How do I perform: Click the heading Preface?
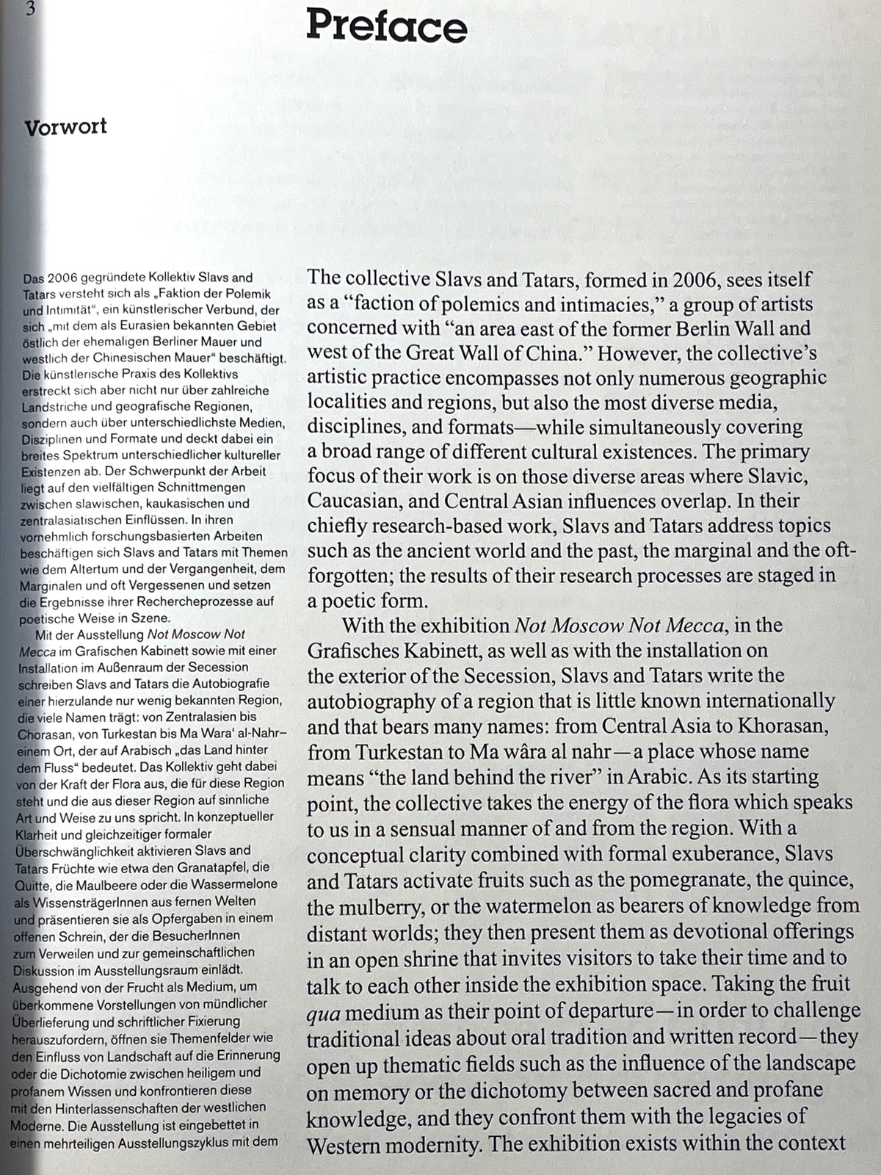tap(387, 27)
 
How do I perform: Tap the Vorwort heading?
tap(65, 127)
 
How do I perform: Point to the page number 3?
tap(30, 10)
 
